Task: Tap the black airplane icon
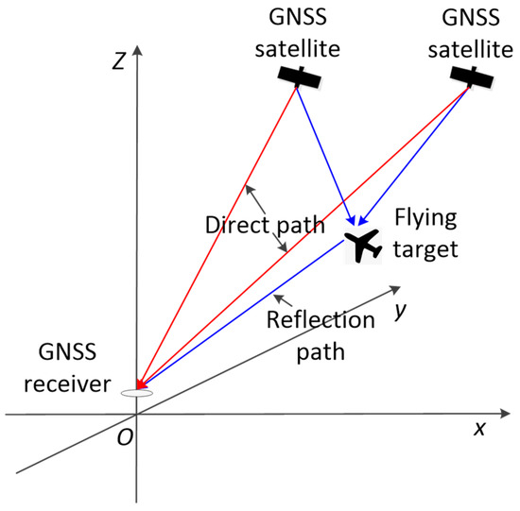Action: tap(360, 246)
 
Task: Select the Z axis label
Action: tap(118, 61)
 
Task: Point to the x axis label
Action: tap(479, 428)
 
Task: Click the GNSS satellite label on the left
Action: tap(296, 31)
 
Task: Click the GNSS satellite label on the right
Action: tap(470, 31)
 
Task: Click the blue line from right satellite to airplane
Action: tap(416, 161)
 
